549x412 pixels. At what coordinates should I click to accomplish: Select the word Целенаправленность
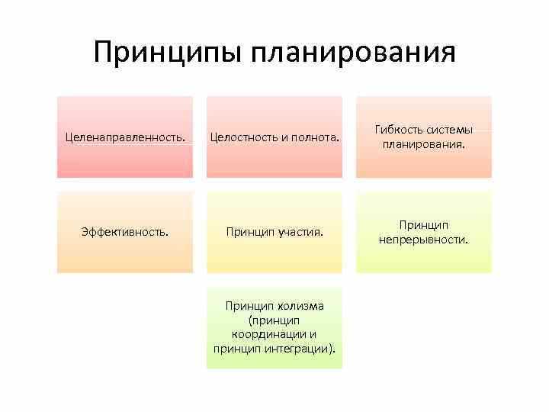124,139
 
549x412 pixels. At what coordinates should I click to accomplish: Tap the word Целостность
245,139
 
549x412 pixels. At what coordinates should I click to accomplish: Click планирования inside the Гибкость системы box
423,144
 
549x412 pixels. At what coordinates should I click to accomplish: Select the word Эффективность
124,231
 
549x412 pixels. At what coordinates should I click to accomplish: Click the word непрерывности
423,240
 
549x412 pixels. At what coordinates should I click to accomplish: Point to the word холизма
300,306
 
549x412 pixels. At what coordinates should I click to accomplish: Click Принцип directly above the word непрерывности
423,225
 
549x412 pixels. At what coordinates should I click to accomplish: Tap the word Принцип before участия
249,231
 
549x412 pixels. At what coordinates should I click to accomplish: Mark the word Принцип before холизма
249,306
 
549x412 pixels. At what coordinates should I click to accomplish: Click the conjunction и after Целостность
283,139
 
